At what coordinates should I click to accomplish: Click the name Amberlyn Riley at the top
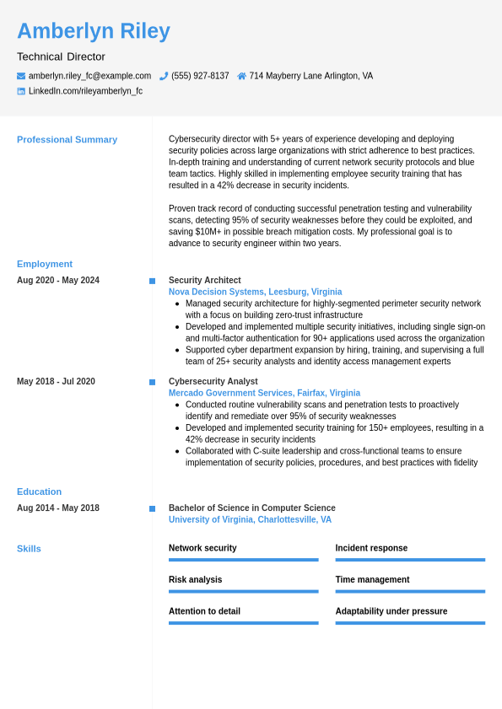pos(94,31)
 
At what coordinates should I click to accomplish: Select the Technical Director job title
pos(61,56)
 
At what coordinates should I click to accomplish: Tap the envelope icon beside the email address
pos(21,76)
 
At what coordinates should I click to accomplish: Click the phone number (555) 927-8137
pos(200,76)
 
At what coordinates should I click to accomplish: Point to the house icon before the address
pos(241,76)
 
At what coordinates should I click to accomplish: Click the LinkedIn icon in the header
pos(21,91)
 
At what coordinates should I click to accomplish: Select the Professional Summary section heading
pos(67,140)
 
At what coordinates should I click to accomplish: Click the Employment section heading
pos(45,264)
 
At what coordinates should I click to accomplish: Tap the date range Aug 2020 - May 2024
pos(58,281)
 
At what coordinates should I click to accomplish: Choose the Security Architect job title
pos(204,281)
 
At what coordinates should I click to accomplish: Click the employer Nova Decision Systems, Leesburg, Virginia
pos(255,292)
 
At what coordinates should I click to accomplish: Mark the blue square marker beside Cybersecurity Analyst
pos(152,382)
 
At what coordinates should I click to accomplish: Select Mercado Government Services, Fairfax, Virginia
pos(264,393)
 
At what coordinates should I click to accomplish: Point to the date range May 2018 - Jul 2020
pos(56,382)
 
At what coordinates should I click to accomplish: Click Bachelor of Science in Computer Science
pos(251,508)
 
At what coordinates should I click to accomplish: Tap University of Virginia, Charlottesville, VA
pos(250,519)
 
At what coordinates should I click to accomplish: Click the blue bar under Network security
pos(243,560)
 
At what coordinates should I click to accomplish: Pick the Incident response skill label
pos(371,548)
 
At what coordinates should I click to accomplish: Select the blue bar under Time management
pos(410,591)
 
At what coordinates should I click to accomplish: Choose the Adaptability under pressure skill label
pos(391,611)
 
